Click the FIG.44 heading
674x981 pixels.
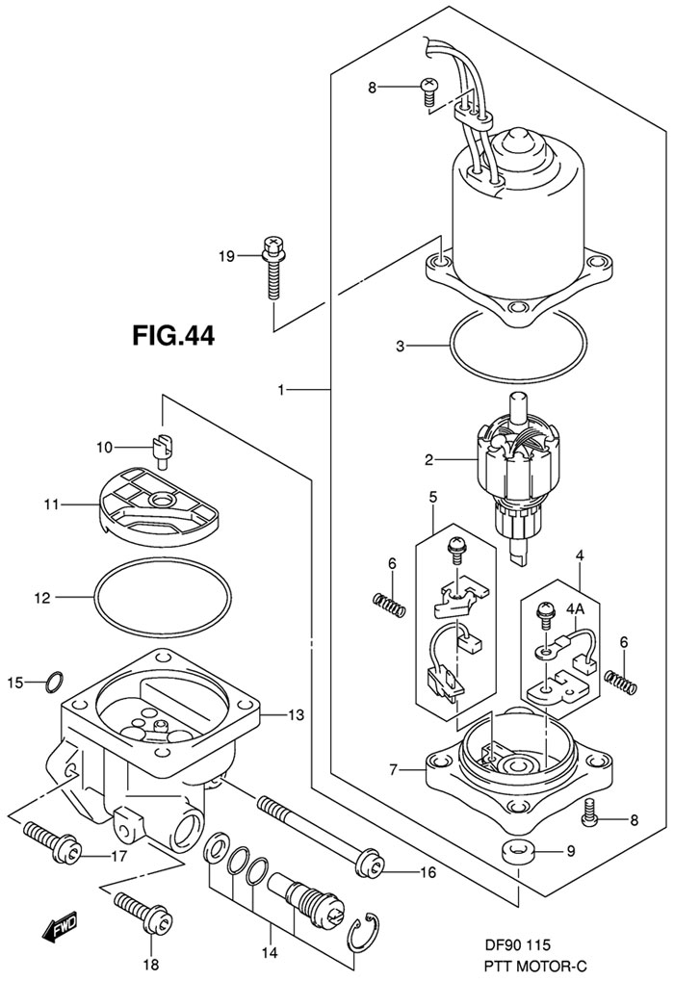172,335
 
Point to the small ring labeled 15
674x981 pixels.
55,682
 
